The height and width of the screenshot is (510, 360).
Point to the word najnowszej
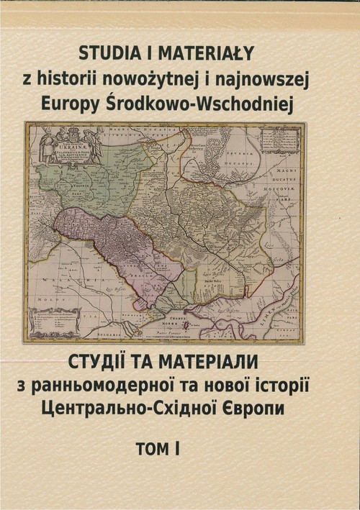268,80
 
